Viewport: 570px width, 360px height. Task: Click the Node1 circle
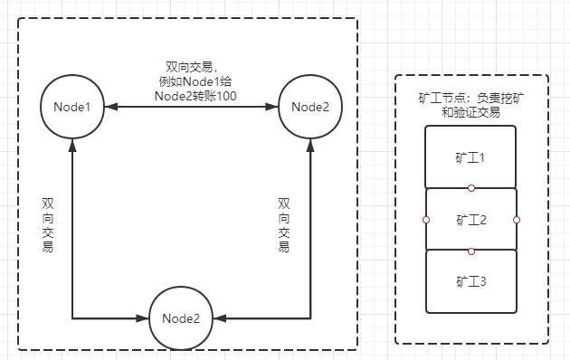[x=71, y=107]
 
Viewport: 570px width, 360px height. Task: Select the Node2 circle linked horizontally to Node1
[x=309, y=107]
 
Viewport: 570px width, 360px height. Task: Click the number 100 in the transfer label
[x=224, y=96]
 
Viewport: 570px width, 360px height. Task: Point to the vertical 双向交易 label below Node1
[x=47, y=224]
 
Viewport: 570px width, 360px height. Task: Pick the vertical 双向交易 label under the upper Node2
[x=284, y=224]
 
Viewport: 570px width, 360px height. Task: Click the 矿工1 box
[x=470, y=156]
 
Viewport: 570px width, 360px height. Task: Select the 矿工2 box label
[x=470, y=219]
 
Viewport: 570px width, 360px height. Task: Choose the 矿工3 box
[x=470, y=281]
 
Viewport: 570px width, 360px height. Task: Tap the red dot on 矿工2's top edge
[x=470, y=188]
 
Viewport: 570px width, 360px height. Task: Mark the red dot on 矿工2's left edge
[x=425, y=219]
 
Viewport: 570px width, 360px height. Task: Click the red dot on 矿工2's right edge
[x=516, y=219]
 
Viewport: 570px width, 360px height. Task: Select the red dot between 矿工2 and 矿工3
[x=470, y=251]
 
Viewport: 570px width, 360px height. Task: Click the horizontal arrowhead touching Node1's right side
[x=108, y=107]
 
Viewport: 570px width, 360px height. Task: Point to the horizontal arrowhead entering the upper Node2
[x=273, y=107]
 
